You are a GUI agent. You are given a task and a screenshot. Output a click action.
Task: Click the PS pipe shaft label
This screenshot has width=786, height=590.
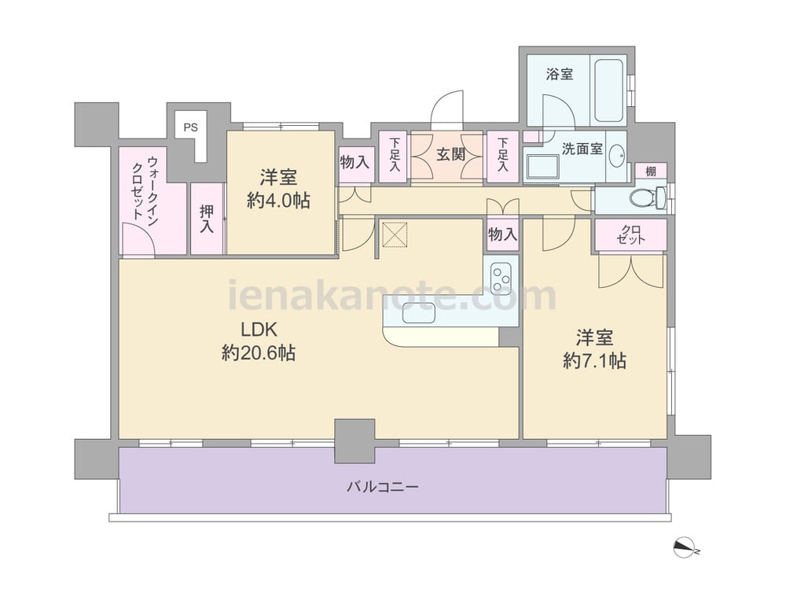click(x=190, y=127)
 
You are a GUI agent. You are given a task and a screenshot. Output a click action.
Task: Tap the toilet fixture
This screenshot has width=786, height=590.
click(x=647, y=197)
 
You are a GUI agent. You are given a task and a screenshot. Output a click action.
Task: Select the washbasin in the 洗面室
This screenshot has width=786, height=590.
click(x=616, y=156)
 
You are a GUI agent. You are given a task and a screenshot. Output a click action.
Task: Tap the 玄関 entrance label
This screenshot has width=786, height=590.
click(x=450, y=154)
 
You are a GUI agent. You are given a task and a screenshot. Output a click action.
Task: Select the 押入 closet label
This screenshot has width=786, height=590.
click(x=207, y=219)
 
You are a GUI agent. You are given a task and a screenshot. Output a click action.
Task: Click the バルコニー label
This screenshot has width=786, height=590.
click(x=383, y=487)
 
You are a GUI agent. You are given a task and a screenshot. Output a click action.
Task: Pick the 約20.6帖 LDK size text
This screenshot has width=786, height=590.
click(x=258, y=353)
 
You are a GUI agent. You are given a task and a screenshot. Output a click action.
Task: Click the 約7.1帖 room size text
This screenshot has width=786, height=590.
click(x=594, y=361)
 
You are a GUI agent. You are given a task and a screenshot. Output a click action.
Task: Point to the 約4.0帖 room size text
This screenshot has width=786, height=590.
click(x=278, y=200)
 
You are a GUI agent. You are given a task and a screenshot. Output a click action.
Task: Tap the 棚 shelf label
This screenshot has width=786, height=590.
click(x=650, y=171)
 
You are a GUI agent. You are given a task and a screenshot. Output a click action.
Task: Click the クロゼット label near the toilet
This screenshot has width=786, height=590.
click(x=631, y=234)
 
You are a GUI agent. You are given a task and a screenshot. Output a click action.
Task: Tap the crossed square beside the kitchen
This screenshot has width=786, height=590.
click(x=395, y=234)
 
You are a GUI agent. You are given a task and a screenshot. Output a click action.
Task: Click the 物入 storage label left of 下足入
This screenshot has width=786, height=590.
click(x=355, y=162)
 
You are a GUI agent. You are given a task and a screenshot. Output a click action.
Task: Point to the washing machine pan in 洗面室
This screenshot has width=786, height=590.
click(x=543, y=167)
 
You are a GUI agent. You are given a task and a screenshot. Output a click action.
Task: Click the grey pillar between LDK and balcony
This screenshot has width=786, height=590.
click(x=355, y=441)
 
